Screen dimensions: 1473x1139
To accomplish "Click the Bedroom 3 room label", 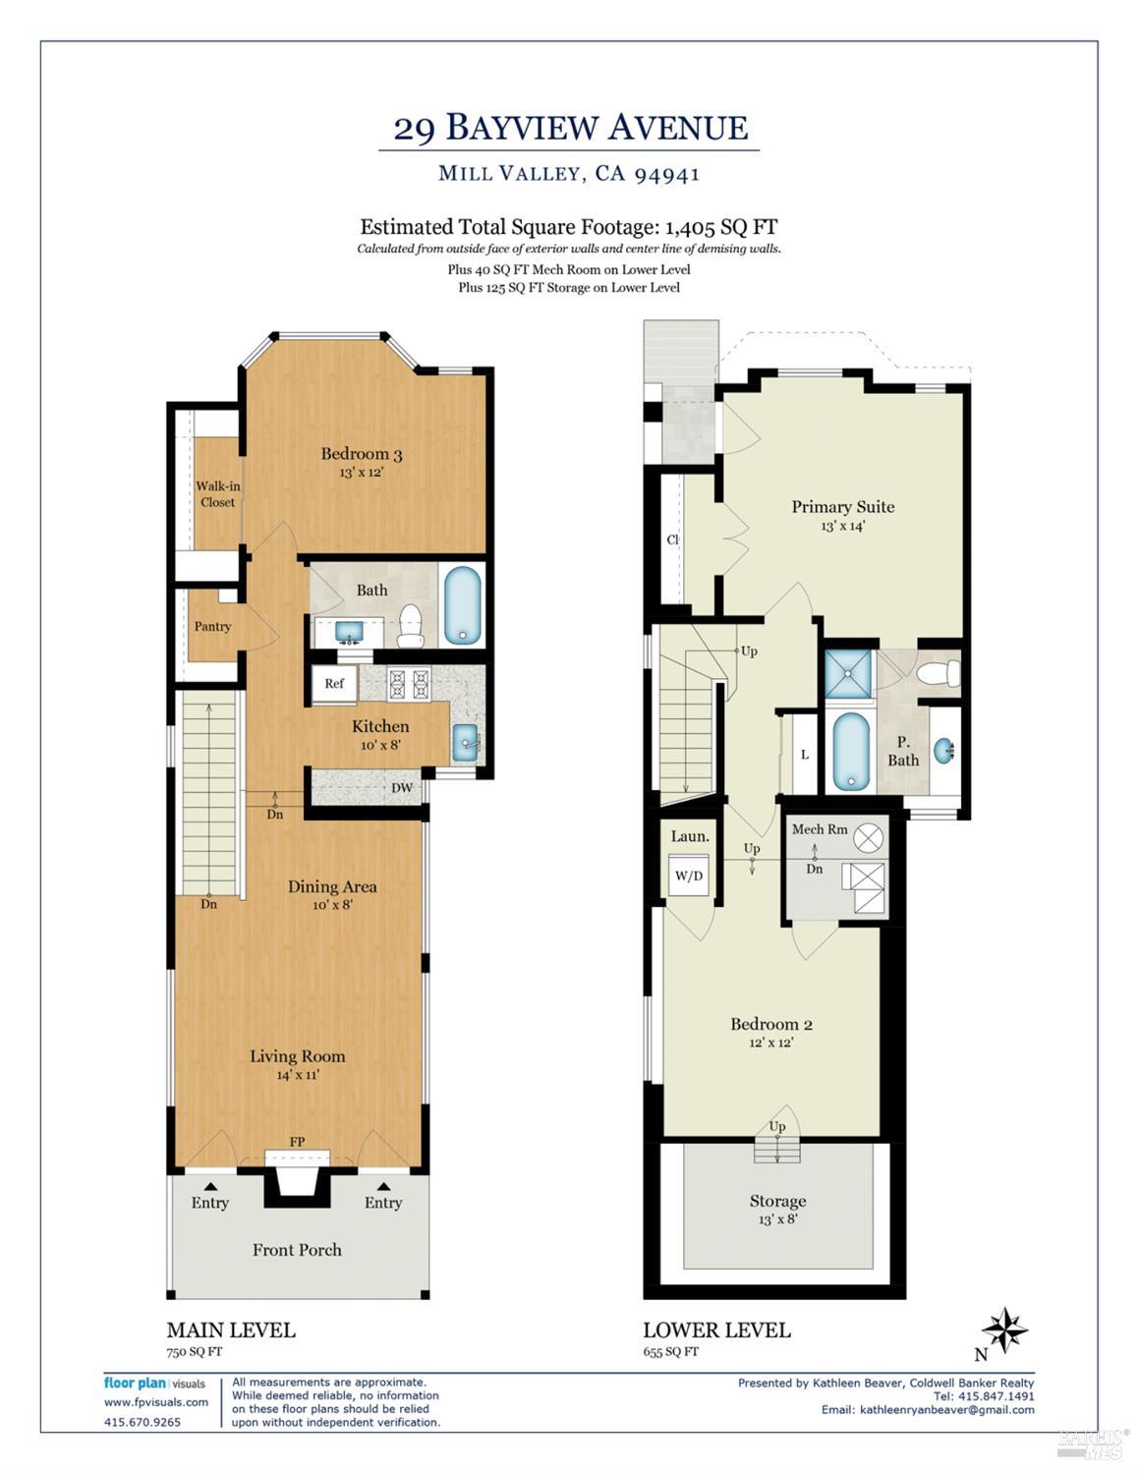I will pos(361,454).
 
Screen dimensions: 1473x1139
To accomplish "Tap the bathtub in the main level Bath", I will pos(463,606).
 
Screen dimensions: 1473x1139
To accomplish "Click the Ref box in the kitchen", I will pos(334,684).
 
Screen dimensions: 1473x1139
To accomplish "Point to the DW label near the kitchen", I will pos(401,787).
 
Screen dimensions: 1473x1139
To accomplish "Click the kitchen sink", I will pos(465,743).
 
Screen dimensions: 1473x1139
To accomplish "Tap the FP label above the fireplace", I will pos(297,1141).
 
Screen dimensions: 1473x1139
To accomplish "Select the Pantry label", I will pos(212,626).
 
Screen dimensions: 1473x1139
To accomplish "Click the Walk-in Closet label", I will pos(217,493).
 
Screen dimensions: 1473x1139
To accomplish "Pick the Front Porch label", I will pos(297,1250).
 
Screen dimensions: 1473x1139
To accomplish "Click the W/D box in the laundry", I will pos(689,876).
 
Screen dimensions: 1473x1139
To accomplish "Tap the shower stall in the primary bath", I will pos(847,673).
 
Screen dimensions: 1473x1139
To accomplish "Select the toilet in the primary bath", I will pos(940,674).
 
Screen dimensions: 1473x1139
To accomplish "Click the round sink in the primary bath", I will pos(943,752).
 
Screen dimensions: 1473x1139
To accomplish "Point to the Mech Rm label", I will pos(819,829).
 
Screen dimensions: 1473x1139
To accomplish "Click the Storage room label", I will pos(777,1201).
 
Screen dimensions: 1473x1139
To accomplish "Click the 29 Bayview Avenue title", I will pos(570,128).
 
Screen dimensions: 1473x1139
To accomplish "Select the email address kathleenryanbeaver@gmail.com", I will pos(946,1409).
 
